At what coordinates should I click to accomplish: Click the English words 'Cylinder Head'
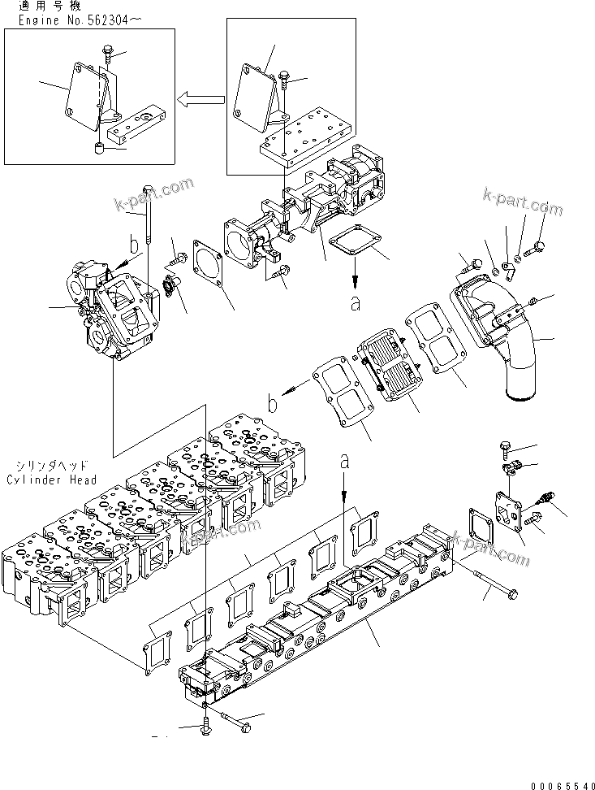click(51, 480)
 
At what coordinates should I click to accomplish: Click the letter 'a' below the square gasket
click(355, 303)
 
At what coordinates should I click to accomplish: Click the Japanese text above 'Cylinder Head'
click(51, 467)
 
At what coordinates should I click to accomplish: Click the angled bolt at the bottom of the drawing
click(234, 720)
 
